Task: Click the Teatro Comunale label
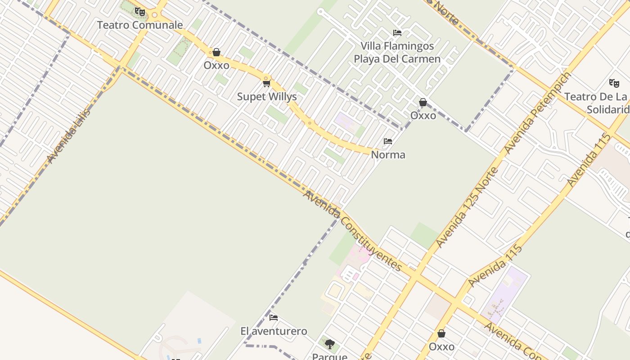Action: click(140, 25)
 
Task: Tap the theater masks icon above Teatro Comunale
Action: click(140, 12)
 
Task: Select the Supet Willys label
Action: click(267, 97)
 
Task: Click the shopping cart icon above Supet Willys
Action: click(267, 83)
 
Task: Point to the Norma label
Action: click(388, 155)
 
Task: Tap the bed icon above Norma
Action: click(388, 141)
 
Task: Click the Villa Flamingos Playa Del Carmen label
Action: click(397, 52)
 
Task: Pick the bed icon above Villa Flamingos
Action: click(397, 32)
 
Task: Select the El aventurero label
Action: click(274, 331)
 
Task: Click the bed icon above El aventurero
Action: click(274, 318)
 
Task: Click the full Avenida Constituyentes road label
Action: click(352, 230)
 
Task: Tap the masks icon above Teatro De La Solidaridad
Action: click(614, 83)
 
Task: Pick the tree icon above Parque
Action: click(330, 344)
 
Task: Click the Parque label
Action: click(330, 356)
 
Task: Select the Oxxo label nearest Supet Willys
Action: click(216, 65)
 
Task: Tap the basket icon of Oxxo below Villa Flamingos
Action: click(423, 103)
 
